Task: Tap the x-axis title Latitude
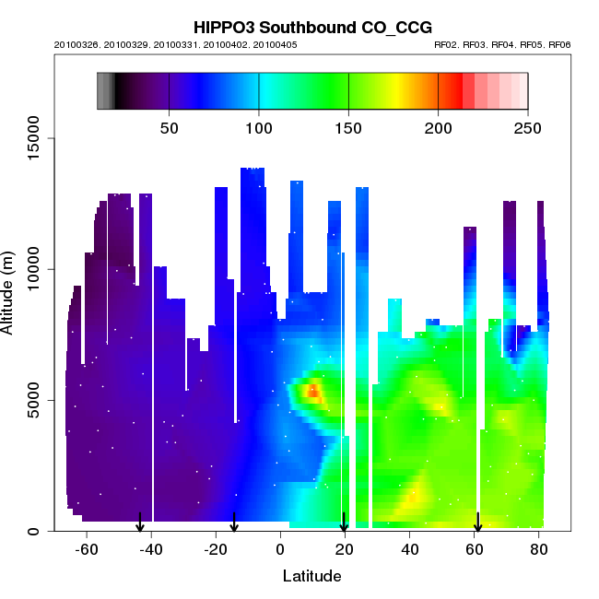point(311,576)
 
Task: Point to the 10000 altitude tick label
point(29,269)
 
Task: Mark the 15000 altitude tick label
point(29,138)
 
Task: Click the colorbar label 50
point(170,127)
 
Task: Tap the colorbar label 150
point(348,127)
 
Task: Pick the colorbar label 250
point(527,127)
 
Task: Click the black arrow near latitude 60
point(477,523)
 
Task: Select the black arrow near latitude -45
point(140,523)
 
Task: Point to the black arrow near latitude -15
point(234,523)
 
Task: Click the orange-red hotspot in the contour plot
point(312,392)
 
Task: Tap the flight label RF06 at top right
point(560,44)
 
